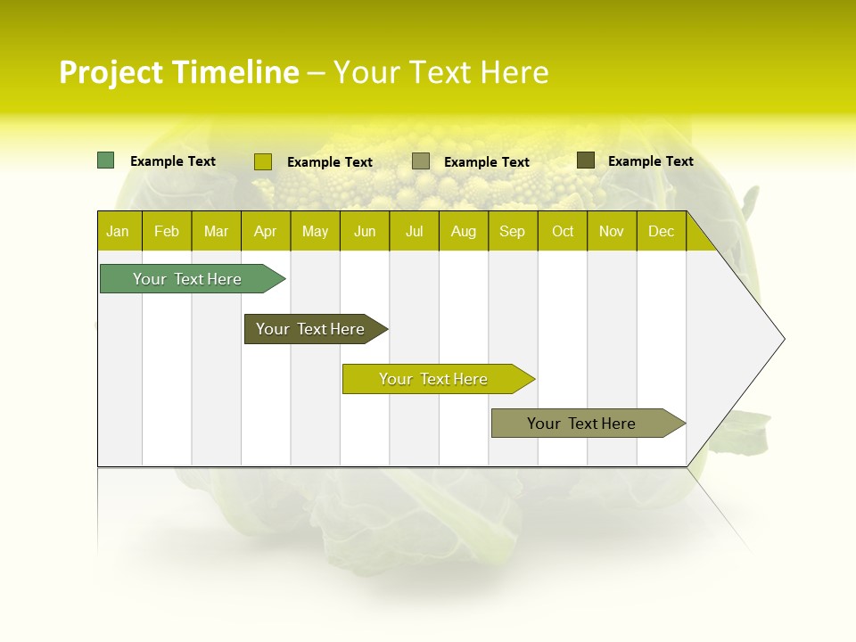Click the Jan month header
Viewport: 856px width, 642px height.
(118, 231)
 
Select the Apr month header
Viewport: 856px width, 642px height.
(265, 231)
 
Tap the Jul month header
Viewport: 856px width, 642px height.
(414, 231)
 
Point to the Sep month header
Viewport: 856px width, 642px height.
(512, 231)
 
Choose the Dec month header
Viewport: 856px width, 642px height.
(661, 231)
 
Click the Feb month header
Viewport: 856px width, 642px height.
(167, 231)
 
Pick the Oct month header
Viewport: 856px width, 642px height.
(563, 231)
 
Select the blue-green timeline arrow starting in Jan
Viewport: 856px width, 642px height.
(187, 279)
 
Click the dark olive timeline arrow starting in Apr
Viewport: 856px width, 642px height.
(310, 329)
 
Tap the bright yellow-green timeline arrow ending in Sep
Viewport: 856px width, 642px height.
(433, 379)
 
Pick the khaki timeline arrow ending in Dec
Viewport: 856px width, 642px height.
(581, 424)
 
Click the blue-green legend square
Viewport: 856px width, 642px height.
(105, 160)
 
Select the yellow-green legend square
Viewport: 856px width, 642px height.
(262, 161)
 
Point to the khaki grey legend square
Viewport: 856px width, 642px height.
(421, 160)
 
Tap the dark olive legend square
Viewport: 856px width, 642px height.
(585, 160)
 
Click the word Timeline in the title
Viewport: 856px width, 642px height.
(235, 72)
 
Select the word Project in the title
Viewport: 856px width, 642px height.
(111, 72)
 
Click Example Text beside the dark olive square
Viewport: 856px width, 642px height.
(650, 161)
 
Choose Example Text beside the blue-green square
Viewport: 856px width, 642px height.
(172, 161)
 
